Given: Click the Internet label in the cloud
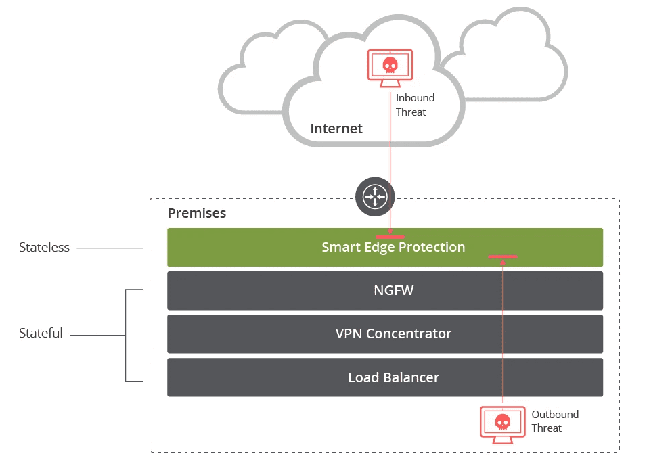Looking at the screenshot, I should [x=336, y=129].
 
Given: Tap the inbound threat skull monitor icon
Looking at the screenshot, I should [x=390, y=67].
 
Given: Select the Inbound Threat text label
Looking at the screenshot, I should [x=414, y=105].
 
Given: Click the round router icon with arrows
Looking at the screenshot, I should [x=374, y=197].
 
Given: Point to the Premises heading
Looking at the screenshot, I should [x=197, y=213].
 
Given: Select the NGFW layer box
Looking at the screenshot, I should [x=384, y=291].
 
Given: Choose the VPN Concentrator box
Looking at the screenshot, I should [x=384, y=333].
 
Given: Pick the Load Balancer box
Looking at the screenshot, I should [x=384, y=377].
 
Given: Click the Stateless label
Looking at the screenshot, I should [x=44, y=248].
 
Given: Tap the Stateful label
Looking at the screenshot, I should [x=41, y=333].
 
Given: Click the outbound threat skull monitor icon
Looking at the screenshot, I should [x=502, y=424].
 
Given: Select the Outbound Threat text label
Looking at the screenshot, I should [x=555, y=421].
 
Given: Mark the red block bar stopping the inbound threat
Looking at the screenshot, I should [x=390, y=237].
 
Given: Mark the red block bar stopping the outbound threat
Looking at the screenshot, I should [x=503, y=256].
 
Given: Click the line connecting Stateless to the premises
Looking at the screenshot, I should [x=110, y=248].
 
